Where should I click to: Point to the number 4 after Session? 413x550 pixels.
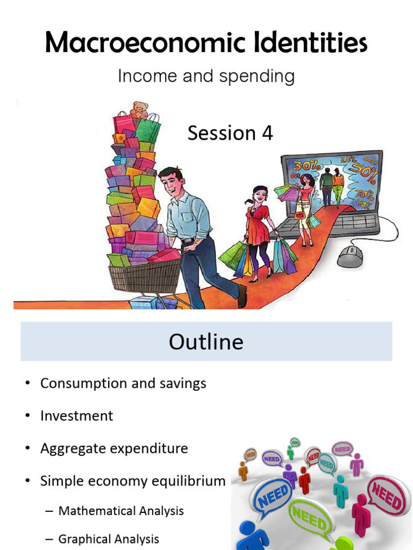click(x=267, y=133)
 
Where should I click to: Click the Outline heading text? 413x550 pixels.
click(x=206, y=342)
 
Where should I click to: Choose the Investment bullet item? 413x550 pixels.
click(x=76, y=416)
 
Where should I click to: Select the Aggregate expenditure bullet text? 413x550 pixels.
click(x=114, y=448)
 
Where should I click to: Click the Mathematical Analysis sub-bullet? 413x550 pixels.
click(x=121, y=511)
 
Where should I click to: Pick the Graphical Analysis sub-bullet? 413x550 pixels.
click(x=109, y=539)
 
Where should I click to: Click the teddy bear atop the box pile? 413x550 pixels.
click(x=139, y=110)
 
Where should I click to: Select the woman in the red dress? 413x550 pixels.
click(x=258, y=226)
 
